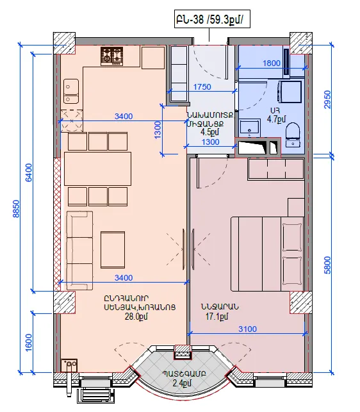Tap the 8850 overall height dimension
[x=16, y=209]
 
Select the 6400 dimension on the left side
[x=28, y=172]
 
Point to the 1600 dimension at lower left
[x=29, y=342]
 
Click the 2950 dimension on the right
[x=327, y=99]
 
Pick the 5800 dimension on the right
[x=327, y=265]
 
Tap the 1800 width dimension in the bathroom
[x=272, y=63]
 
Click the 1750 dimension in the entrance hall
[x=202, y=87]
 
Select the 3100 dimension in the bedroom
[x=247, y=329]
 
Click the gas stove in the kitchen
[x=112, y=56]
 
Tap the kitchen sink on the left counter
[x=71, y=91]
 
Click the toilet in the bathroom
[x=293, y=135]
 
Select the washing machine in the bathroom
[x=290, y=92]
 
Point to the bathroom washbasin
[x=250, y=128]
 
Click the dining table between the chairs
[x=97, y=169]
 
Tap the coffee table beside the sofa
[x=113, y=250]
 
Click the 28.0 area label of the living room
[x=136, y=317]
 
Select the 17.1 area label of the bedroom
[x=217, y=317]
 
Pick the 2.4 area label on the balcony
[x=183, y=383]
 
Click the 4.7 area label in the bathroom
[x=276, y=119]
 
